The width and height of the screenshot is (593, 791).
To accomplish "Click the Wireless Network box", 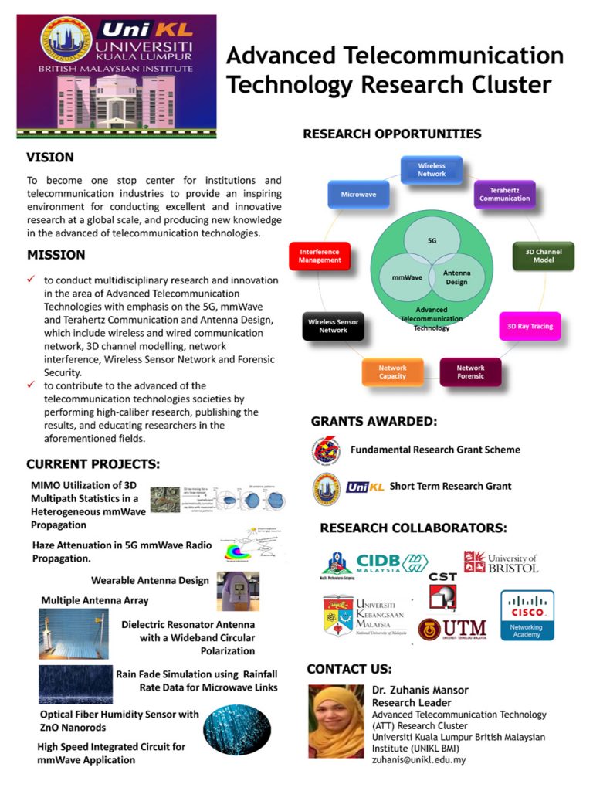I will pos(432,169).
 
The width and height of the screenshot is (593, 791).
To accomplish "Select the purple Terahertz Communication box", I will pos(504,193).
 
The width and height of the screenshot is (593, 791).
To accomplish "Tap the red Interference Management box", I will pos(320,256).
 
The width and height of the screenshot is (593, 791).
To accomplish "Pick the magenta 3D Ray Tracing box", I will pos(530,326).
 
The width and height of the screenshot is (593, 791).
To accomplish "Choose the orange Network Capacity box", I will pos(392,372).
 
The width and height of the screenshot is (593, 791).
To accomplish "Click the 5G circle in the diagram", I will pos(432,240).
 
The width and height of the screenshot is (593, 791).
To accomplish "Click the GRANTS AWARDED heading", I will pos(374,422).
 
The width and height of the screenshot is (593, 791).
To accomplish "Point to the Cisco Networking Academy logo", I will pos(527,615).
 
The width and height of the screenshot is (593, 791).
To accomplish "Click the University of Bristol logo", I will pos(500,562).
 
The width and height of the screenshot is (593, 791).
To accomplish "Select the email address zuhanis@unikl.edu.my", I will pos(418,759).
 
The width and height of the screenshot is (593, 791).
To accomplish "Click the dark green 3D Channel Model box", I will pos(544,256).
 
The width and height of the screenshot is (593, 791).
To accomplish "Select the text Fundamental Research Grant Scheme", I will pos(435,450).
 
